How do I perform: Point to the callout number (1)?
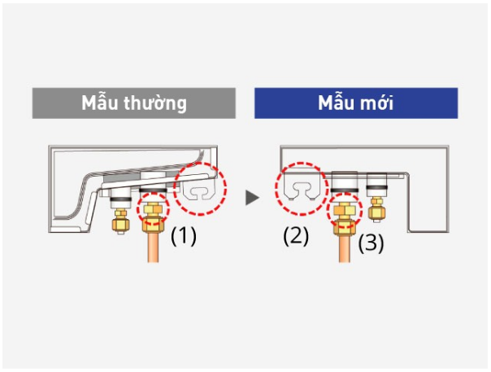[183, 236]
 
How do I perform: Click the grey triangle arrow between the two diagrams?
[253, 197]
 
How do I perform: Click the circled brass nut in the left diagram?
[151, 214]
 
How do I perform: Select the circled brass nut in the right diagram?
[342, 213]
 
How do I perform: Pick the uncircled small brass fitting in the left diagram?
[119, 220]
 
